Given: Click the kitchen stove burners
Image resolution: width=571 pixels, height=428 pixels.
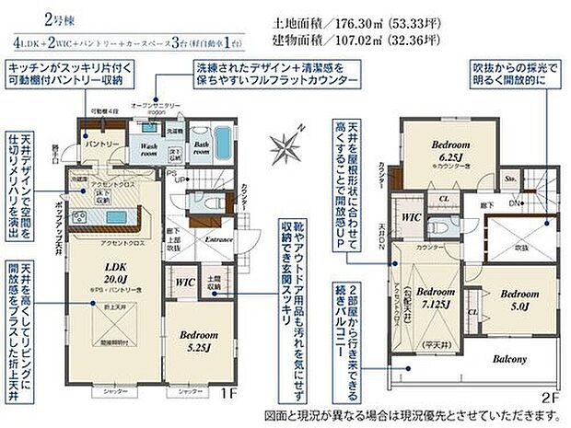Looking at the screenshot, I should (76, 217).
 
